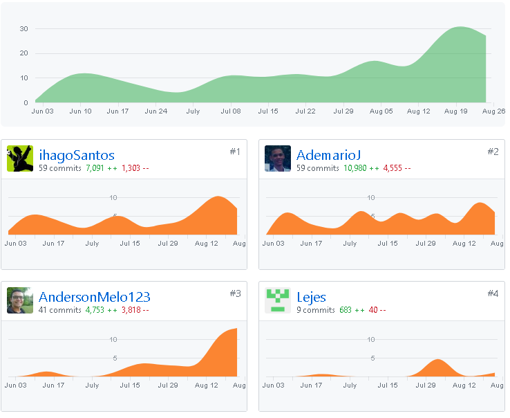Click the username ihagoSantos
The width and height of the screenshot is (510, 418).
click(77, 156)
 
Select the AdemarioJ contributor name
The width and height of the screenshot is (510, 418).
click(328, 155)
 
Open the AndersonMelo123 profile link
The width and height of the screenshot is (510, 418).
click(94, 297)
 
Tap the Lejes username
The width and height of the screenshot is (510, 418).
click(311, 298)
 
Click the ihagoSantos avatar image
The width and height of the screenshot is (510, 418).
click(20, 158)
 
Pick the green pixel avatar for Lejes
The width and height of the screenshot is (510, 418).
click(277, 300)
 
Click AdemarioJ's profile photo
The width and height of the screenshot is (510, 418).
click(277, 158)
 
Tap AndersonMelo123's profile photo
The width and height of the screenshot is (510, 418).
click(20, 300)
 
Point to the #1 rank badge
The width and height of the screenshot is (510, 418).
click(235, 152)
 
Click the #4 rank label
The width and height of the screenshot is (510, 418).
click(493, 293)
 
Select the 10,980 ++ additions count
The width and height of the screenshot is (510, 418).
click(361, 168)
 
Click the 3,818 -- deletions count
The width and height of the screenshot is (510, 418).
click(135, 310)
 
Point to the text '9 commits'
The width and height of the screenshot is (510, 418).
click(316, 310)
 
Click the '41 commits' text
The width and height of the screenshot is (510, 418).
click(60, 310)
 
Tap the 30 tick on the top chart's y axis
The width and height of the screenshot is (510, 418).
click(23, 28)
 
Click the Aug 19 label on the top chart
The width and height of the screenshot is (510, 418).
click(455, 111)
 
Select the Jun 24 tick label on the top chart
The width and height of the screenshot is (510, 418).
click(155, 111)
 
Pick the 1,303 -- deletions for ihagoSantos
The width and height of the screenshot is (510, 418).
click(135, 168)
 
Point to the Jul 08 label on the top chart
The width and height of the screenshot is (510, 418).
click(231, 111)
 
